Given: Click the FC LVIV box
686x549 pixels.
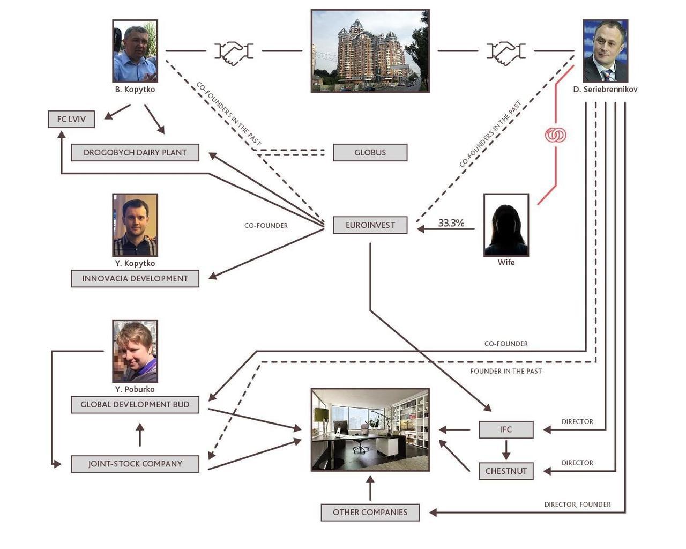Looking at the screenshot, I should pos(71,119).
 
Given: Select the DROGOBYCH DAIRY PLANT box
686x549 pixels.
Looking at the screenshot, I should pos(135,152).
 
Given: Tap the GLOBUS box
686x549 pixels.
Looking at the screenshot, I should pos(370,152).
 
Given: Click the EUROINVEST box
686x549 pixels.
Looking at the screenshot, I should pos(370,225).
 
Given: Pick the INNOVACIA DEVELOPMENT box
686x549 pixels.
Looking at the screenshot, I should pos(135,278).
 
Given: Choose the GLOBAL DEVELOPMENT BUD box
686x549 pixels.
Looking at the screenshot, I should pos(135,405).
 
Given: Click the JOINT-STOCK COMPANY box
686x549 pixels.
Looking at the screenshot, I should pos(135,464).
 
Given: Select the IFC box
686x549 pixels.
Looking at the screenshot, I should pos(506,429).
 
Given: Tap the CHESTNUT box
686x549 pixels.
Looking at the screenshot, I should pos(506,471).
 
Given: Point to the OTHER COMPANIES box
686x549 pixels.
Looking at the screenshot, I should pos(370,512).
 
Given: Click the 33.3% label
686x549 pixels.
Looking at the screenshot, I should pos(451,223).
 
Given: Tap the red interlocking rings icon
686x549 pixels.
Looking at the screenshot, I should pos(556,135).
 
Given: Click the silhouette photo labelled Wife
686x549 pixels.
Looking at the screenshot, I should pos(506,225).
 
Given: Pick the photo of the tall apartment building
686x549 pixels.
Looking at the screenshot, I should pos(370,51).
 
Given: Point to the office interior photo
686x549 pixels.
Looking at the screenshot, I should pos(370,429).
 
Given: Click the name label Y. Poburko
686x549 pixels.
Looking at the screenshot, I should pos(135,389).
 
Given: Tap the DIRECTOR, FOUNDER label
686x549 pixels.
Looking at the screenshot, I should pos(577,505).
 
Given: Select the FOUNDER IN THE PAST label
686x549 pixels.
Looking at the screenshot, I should pos(506,371).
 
